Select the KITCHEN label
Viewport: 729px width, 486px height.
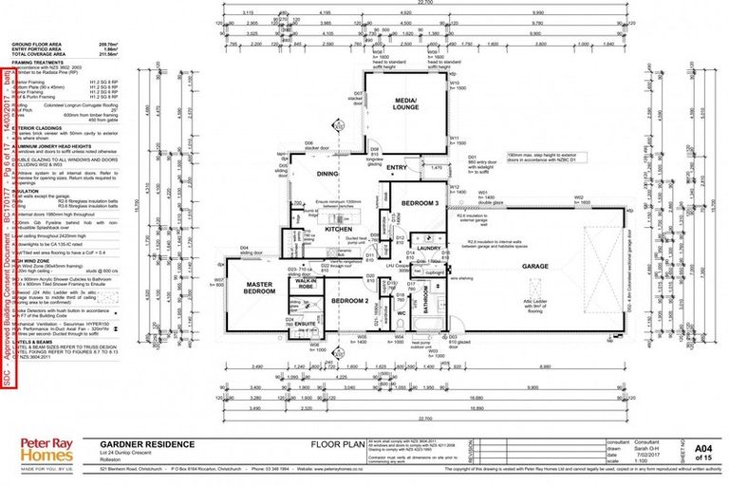point(312,230)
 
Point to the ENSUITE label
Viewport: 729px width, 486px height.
point(305,325)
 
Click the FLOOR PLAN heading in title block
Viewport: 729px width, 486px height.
point(334,443)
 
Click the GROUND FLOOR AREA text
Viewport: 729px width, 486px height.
point(37,44)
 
